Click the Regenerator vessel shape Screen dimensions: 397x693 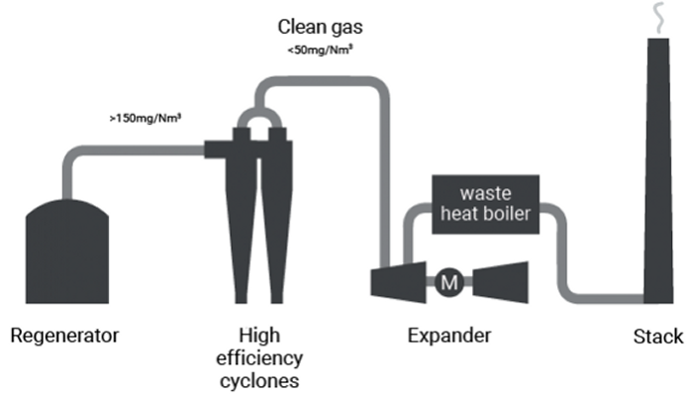(65, 248)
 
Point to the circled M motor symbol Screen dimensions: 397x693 (448, 282)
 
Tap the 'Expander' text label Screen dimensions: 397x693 (448, 337)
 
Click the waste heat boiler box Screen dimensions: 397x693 (485, 204)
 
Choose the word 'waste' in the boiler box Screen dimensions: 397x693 (484, 192)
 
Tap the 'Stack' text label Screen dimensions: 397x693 (657, 337)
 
